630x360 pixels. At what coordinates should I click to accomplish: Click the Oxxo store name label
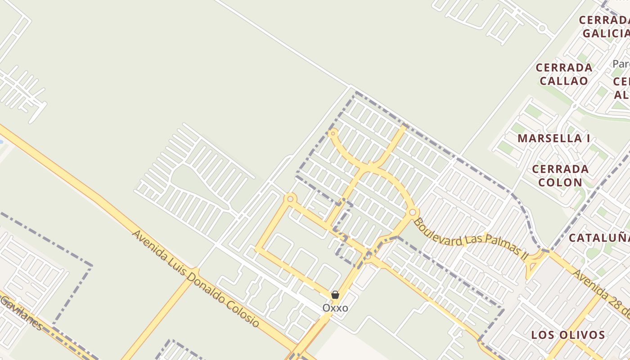tap(335, 308)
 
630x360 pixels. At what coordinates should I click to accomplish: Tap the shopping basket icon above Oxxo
tap(335, 295)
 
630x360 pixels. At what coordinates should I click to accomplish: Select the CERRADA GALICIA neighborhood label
tap(604, 27)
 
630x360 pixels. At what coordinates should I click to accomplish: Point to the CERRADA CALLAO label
tap(564, 74)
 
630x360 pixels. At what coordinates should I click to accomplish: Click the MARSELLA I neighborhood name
tap(553, 139)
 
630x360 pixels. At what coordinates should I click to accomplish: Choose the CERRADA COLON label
tap(560, 176)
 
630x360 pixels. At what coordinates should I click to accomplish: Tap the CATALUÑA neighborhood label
tap(599, 238)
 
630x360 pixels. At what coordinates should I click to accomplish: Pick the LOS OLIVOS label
tap(568, 335)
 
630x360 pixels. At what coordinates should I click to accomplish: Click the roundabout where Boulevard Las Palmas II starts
tap(413, 212)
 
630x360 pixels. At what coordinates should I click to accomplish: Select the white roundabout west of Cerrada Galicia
tap(542, 28)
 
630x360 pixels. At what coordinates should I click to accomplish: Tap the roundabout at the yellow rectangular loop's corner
tap(291, 198)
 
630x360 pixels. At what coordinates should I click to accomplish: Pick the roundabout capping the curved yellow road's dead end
tap(333, 133)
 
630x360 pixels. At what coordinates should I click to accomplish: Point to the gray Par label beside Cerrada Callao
tap(621, 63)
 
